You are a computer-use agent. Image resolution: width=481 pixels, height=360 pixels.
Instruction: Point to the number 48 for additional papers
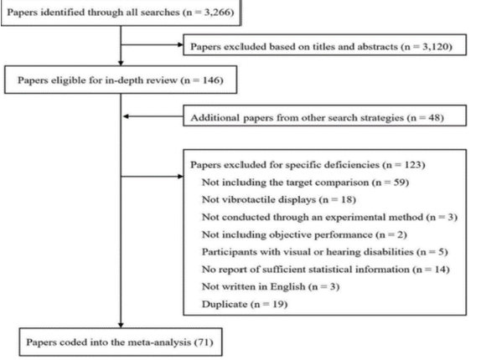434,118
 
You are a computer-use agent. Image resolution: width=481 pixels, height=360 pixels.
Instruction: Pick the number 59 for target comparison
400,183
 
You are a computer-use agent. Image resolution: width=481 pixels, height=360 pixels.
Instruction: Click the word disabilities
388,252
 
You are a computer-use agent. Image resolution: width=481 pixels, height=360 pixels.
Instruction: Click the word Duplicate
225,304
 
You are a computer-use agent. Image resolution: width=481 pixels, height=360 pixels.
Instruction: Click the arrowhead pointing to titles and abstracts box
180,44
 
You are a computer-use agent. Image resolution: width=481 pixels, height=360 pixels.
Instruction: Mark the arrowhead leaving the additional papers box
126,116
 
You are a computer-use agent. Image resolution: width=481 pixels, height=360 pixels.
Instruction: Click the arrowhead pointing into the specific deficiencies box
180,176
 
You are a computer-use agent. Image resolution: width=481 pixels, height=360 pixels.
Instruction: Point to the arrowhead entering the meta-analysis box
121,325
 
